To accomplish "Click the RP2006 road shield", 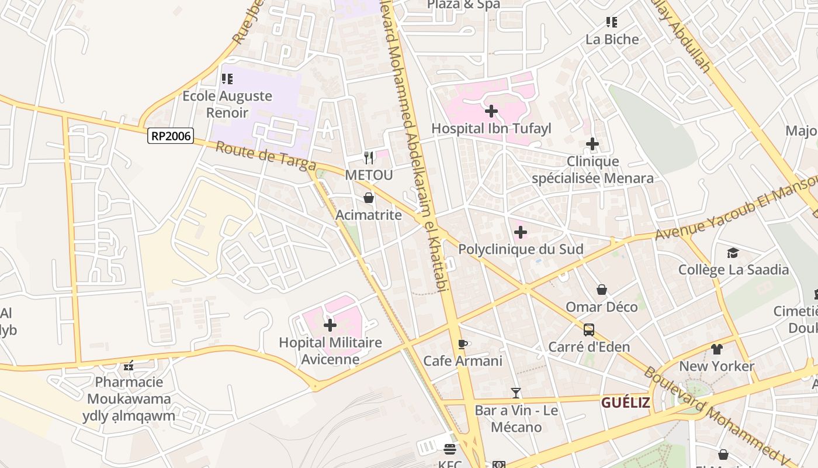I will pyautogui.click(x=171, y=136).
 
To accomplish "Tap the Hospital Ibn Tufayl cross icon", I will pyautogui.click(x=491, y=111).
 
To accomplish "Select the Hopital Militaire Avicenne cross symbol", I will pyautogui.click(x=330, y=325).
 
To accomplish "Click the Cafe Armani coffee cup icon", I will pyautogui.click(x=463, y=343).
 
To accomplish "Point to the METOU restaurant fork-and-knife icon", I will pyautogui.click(x=369, y=157).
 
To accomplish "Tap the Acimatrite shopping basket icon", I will pyautogui.click(x=369, y=198).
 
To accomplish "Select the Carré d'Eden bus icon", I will pyautogui.click(x=589, y=329).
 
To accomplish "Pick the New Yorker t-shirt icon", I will pyautogui.click(x=717, y=349).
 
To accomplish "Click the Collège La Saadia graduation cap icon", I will pyautogui.click(x=733, y=253).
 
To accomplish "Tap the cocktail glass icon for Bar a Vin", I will pyautogui.click(x=516, y=393).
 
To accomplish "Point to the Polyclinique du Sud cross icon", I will pyautogui.click(x=521, y=232).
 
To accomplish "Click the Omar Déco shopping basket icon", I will pyautogui.click(x=602, y=290).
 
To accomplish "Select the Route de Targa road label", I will pyautogui.click(x=265, y=156).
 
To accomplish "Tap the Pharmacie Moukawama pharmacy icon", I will pyautogui.click(x=129, y=366).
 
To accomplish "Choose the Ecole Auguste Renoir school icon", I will pyautogui.click(x=227, y=78).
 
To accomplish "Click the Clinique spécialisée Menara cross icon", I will pyautogui.click(x=592, y=144).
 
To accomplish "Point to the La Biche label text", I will pyautogui.click(x=612, y=39).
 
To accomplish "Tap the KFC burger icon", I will pyautogui.click(x=450, y=449).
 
